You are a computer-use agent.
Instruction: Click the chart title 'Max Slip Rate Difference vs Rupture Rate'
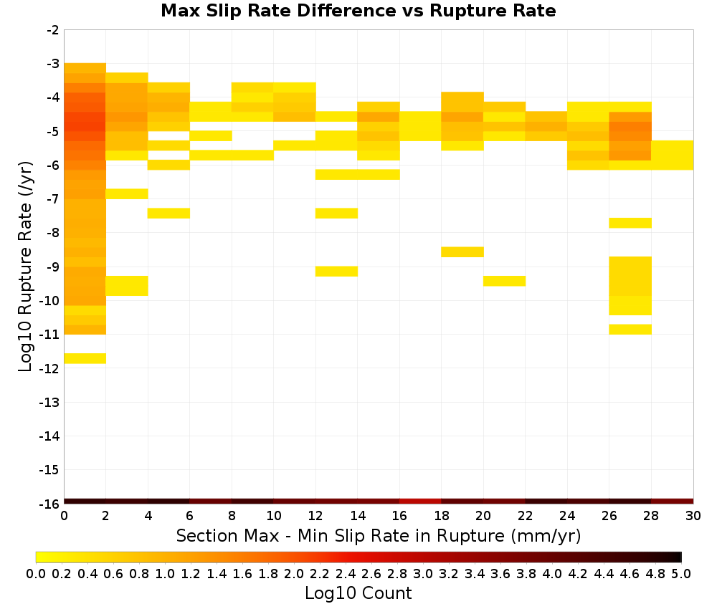(x=358, y=11)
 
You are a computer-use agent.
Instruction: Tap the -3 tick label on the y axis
(x=53, y=64)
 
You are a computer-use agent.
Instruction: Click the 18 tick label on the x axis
(x=441, y=516)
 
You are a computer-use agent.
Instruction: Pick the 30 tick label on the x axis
(x=693, y=516)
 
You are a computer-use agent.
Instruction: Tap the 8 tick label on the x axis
(x=232, y=516)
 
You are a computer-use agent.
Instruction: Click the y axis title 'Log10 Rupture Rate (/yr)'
(x=26, y=267)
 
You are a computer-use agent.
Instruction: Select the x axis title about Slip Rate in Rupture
(x=379, y=535)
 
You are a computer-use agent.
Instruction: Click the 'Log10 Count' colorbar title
(x=358, y=593)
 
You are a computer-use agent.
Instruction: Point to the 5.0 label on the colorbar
(x=681, y=573)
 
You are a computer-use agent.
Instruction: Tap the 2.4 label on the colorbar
(x=346, y=573)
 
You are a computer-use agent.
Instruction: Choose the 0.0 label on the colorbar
(x=36, y=573)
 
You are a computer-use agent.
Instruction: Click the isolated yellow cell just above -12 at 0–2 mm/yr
(x=85, y=358)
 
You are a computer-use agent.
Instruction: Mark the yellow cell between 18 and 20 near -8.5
(x=462, y=251)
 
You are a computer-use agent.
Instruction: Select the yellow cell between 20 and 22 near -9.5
(x=504, y=281)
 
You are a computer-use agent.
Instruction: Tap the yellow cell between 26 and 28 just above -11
(x=630, y=330)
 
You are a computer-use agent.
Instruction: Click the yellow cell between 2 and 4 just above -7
(x=127, y=193)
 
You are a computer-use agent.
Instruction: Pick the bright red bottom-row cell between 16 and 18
(x=420, y=502)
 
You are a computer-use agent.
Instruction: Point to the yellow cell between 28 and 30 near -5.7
(x=673, y=155)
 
